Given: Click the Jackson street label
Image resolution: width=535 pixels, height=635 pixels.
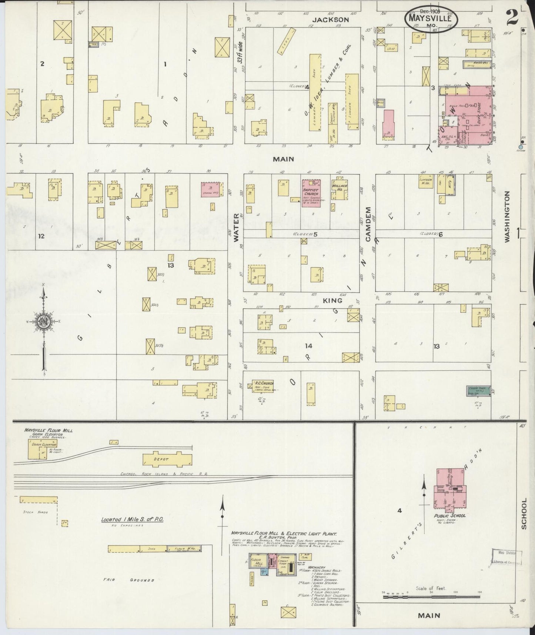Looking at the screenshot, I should pyautogui.click(x=335, y=20).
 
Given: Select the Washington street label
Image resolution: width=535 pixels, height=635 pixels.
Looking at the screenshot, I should pyautogui.click(x=507, y=217).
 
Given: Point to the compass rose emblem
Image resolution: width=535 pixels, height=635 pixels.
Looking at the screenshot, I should pyautogui.click(x=43, y=322).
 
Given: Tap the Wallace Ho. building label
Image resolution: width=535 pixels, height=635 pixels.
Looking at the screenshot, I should pyautogui.click(x=339, y=186).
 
